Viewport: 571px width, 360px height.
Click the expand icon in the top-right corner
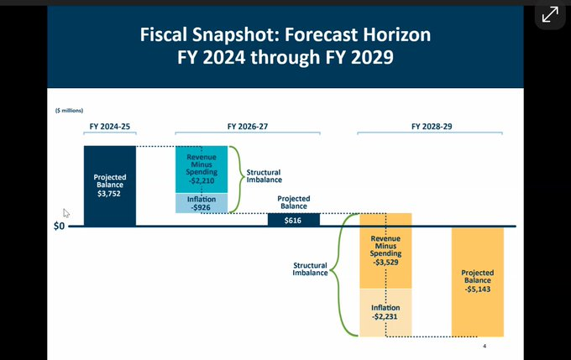(549, 15)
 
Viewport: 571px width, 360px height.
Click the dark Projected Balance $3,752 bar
(109, 185)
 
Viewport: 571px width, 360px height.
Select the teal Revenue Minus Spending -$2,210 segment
(201, 169)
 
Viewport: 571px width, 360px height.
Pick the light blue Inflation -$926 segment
(201, 203)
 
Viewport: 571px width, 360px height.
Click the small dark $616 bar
(293, 219)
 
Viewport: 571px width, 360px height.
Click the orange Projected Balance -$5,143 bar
(477, 280)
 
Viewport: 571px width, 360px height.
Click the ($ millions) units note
(69, 110)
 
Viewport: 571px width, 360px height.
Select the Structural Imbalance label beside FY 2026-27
(264, 176)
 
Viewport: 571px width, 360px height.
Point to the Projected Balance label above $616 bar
(293, 202)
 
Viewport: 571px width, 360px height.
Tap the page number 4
(485, 346)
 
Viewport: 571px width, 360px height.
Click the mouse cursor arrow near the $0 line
(66, 213)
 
